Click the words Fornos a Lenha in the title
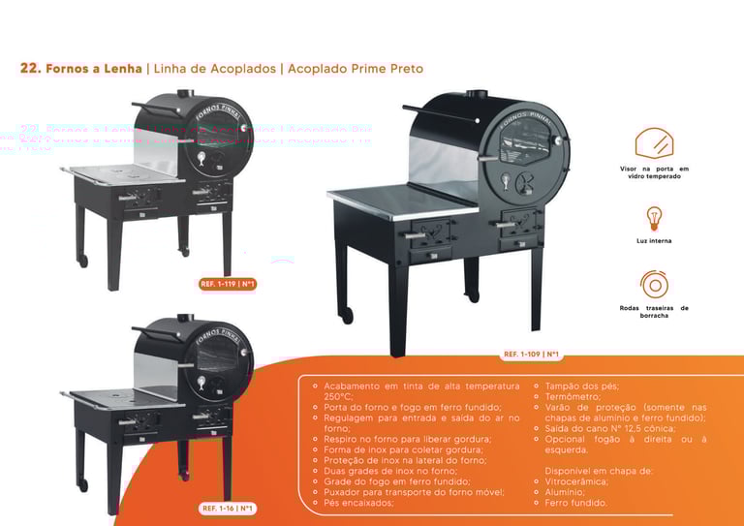(x=93, y=69)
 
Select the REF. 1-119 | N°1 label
(x=227, y=284)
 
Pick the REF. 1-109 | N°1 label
(x=532, y=355)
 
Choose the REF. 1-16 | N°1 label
(x=228, y=508)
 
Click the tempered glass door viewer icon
(x=654, y=143)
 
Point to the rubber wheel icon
(x=654, y=284)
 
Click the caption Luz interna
(x=654, y=240)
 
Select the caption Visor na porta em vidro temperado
(x=654, y=172)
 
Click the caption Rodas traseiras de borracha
(x=654, y=312)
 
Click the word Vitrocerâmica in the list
(x=576, y=481)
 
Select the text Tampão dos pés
(x=582, y=386)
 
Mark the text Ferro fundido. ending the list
(x=575, y=503)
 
